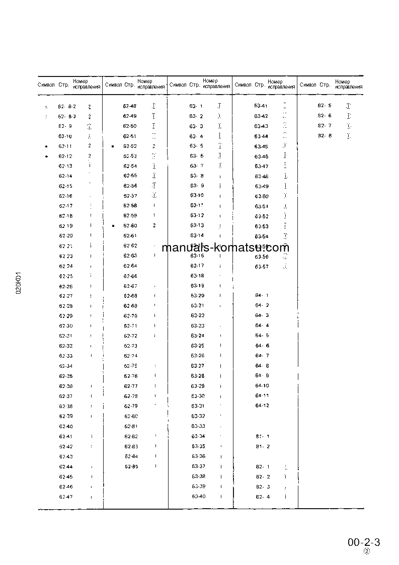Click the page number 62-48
(x=130, y=106)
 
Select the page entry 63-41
(x=261, y=106)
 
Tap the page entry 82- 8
(x=325, y=136)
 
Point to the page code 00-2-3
(x=363, y=542)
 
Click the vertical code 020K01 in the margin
(x=18, y=284)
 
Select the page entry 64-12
(x=262, y=406)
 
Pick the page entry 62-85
(x=131, y=466)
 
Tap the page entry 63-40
(x=198, y=497)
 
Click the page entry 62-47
(x=66, y=497)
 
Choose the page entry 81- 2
(x=262, y=446)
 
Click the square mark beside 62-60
(x=113, y=226)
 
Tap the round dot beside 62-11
(x=46, y=146)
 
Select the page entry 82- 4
(x=263, y=497)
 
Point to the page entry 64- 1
(x=262, y=295)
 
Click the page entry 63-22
(x=198, y=315)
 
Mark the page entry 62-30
(x=66, y=326)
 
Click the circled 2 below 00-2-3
(x=367, y=551)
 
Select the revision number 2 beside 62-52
(x=154, y=146)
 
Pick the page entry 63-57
(x=262, y=267)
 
